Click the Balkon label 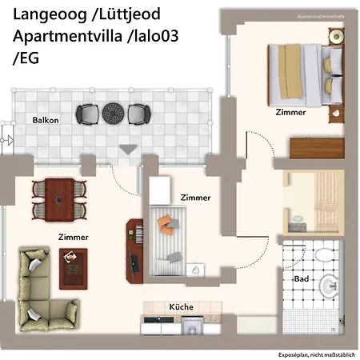tap(46, 121)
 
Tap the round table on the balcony tap(113, 113)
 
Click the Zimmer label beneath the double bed tap(290, 113)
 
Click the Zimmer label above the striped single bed tap(195, 197)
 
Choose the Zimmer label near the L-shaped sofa tap(73, 237)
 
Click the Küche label tap(181, 307)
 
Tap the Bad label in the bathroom tap(302, 279)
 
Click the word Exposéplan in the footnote tap(293, 353)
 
